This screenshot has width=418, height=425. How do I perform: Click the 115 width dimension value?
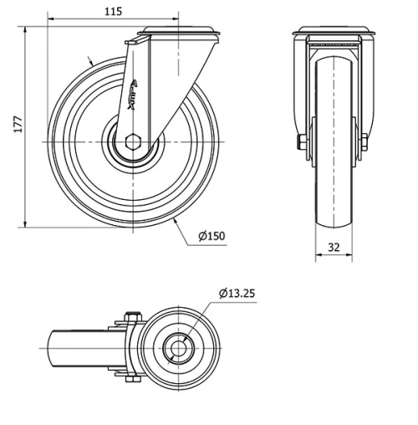(114, 11)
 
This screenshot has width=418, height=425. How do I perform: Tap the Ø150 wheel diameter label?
(212, 236)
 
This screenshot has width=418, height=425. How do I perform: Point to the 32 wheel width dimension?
(334, 247)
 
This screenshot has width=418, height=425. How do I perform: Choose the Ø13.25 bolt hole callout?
(237, 293)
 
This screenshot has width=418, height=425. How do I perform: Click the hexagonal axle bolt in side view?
(131, 141)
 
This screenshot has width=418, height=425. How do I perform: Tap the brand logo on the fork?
(140, 90)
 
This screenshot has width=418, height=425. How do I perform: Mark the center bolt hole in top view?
(178, 347)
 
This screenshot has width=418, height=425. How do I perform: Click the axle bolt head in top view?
(129, 318)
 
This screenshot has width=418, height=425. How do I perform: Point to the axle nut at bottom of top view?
(130, 378)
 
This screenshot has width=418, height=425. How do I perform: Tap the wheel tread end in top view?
(54, 347)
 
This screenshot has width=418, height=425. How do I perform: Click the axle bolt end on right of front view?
(365, 142)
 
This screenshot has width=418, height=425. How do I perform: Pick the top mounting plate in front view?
(334, 33)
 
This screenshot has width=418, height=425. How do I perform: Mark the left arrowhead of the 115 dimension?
(51, 18)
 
